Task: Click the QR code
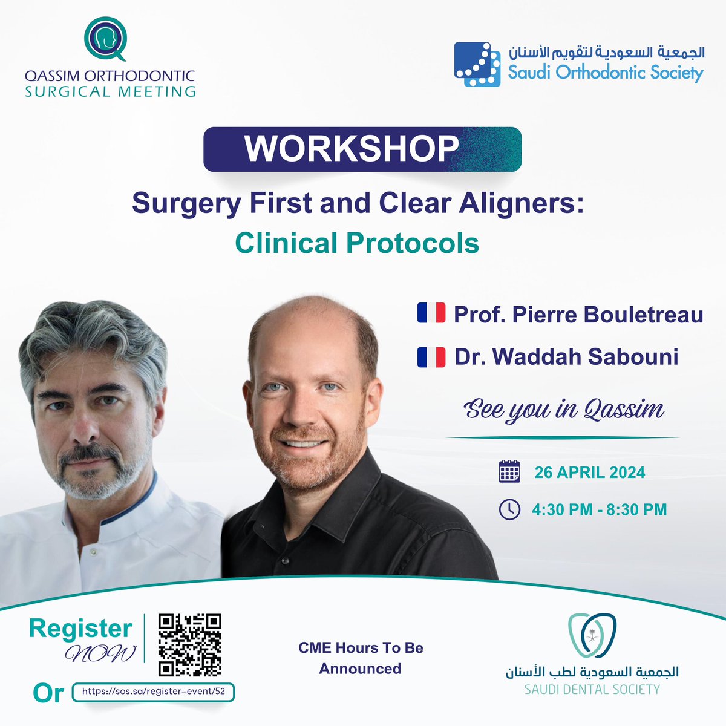click(x=189, y=645)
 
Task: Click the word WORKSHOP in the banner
click(x=352, y=148)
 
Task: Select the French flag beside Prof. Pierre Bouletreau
click(x=431, y=313)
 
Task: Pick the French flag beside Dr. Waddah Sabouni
click(x=431, y=356)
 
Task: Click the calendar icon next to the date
click(x=509, y=471)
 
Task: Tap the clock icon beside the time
click(x=509, y=509)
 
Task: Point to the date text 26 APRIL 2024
click(x=589, y=472)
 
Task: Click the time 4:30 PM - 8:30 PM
click(x=599, y=509)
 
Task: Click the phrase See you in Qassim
click(x=564, y=410)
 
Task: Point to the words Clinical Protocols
click(x=357, y=243)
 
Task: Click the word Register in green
click(x=80, y=629)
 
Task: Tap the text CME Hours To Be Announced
click(x=361, y=658)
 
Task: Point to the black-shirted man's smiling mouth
click(x=302, y=443)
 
